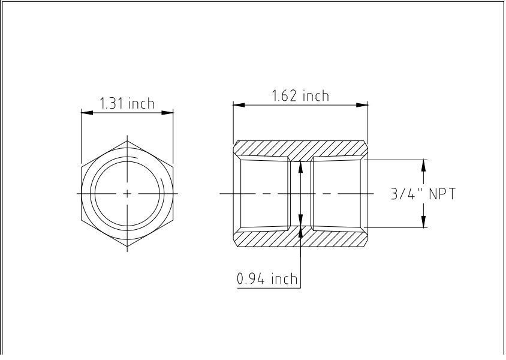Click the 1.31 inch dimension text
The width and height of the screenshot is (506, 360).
click(x=126, y=103)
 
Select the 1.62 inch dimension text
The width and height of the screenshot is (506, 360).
click(x=300, y=96)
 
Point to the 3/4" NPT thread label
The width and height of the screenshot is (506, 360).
click(x=423, y=194)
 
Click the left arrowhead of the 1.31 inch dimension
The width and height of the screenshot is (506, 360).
click(x=85, y=112)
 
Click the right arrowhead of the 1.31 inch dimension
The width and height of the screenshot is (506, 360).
click(x=169, y=112)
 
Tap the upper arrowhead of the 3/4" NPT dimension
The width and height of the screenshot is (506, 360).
click(x=424, y=164)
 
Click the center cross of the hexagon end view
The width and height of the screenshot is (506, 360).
click(x=127, y=194)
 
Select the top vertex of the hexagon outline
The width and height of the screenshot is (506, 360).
click(x=127, y=140)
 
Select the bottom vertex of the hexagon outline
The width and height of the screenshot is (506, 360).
click(x=127, y=247)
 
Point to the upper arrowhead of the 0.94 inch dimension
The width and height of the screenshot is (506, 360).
click(x=300, y=166)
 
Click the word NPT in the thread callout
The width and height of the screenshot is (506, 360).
click(x=441, y=194)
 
